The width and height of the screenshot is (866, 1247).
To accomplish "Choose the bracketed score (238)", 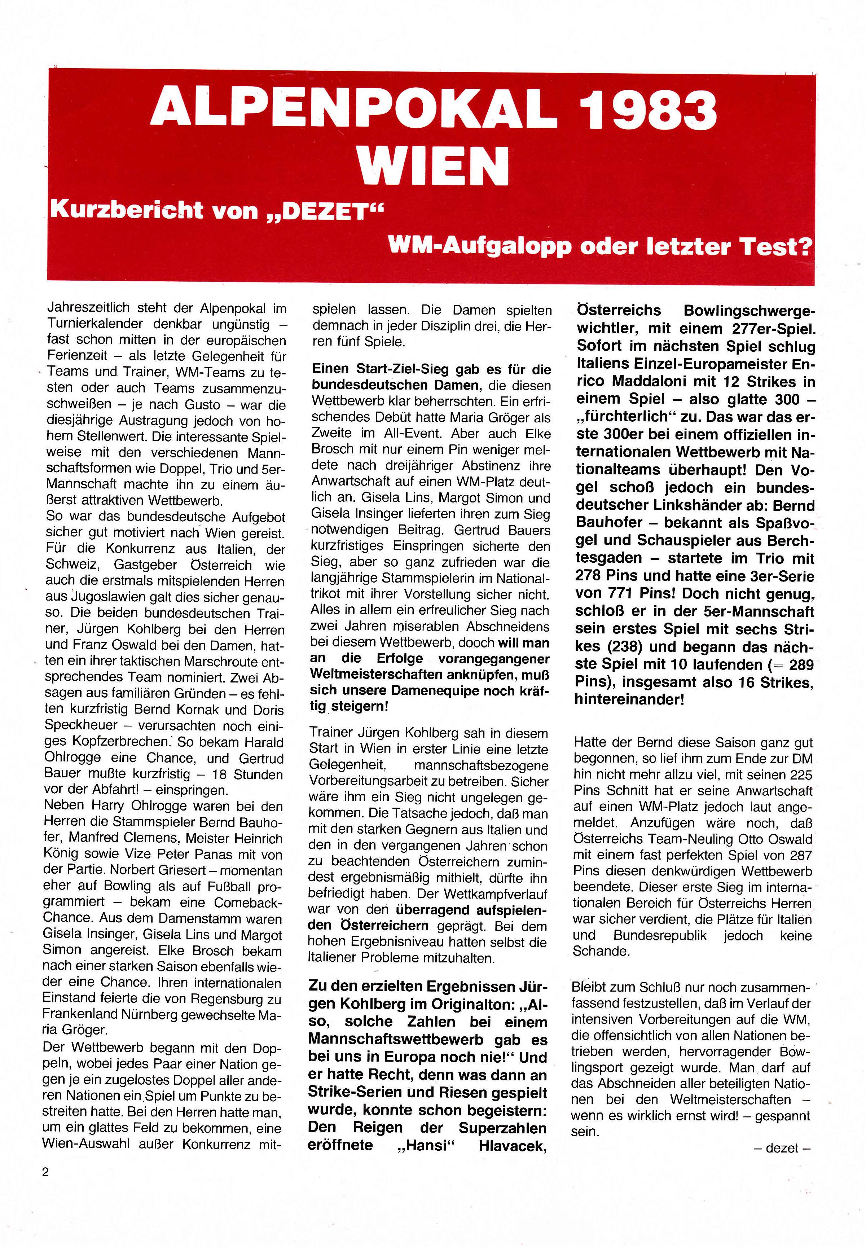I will [621, 646].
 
